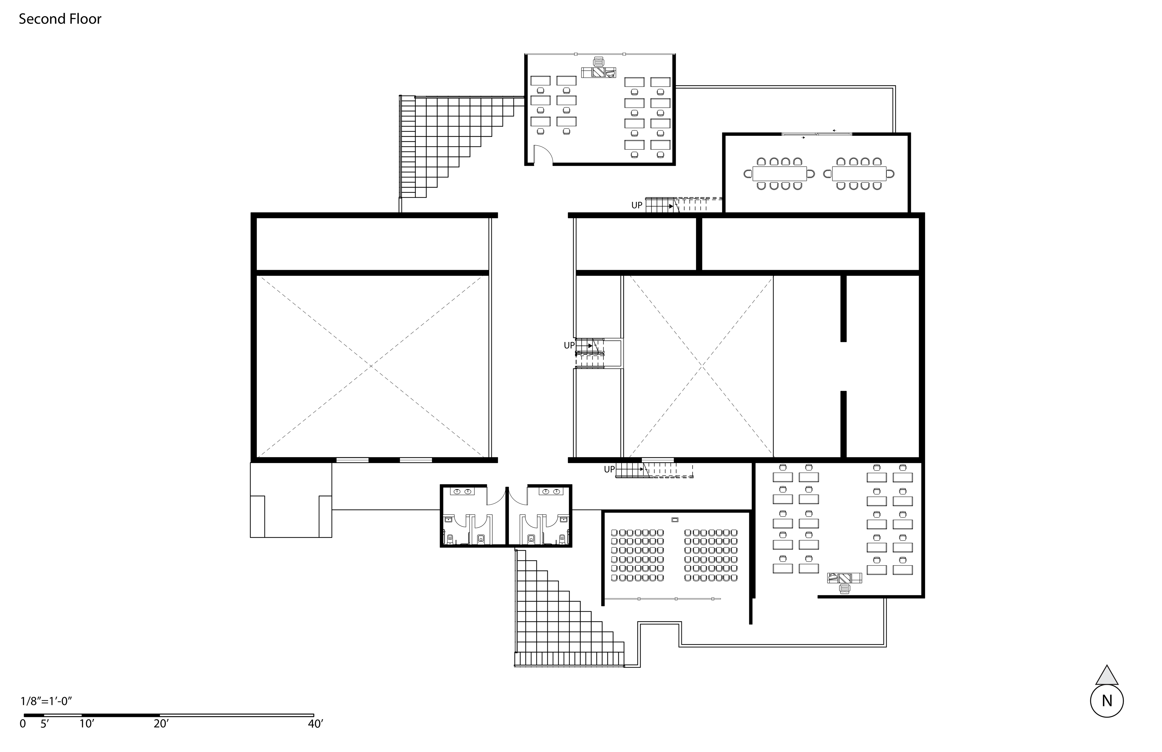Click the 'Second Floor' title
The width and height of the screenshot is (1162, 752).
[x=60, y=19]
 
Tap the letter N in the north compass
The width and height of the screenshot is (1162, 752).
[x=1107, y=701]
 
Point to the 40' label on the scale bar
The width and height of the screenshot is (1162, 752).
[x=315, y=724]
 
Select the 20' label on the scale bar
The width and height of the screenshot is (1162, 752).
[x=161, y=724]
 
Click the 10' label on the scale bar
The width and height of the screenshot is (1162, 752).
[x=87, y=724]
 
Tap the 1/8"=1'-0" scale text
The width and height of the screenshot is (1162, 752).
[x=46, y=701]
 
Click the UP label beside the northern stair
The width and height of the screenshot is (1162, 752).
[x=637, y=205]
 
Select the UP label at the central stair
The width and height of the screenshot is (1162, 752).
[x=569, y=345]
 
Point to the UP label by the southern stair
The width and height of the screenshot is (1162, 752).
[x=609, y=469]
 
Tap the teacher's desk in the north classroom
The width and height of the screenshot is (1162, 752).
[x=599, y=73]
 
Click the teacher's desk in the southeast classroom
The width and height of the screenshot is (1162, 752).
[x=845, y=578]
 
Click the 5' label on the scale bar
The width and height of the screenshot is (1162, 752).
[x=44, y=724]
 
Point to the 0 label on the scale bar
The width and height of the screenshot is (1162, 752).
[x=22, y=724]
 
